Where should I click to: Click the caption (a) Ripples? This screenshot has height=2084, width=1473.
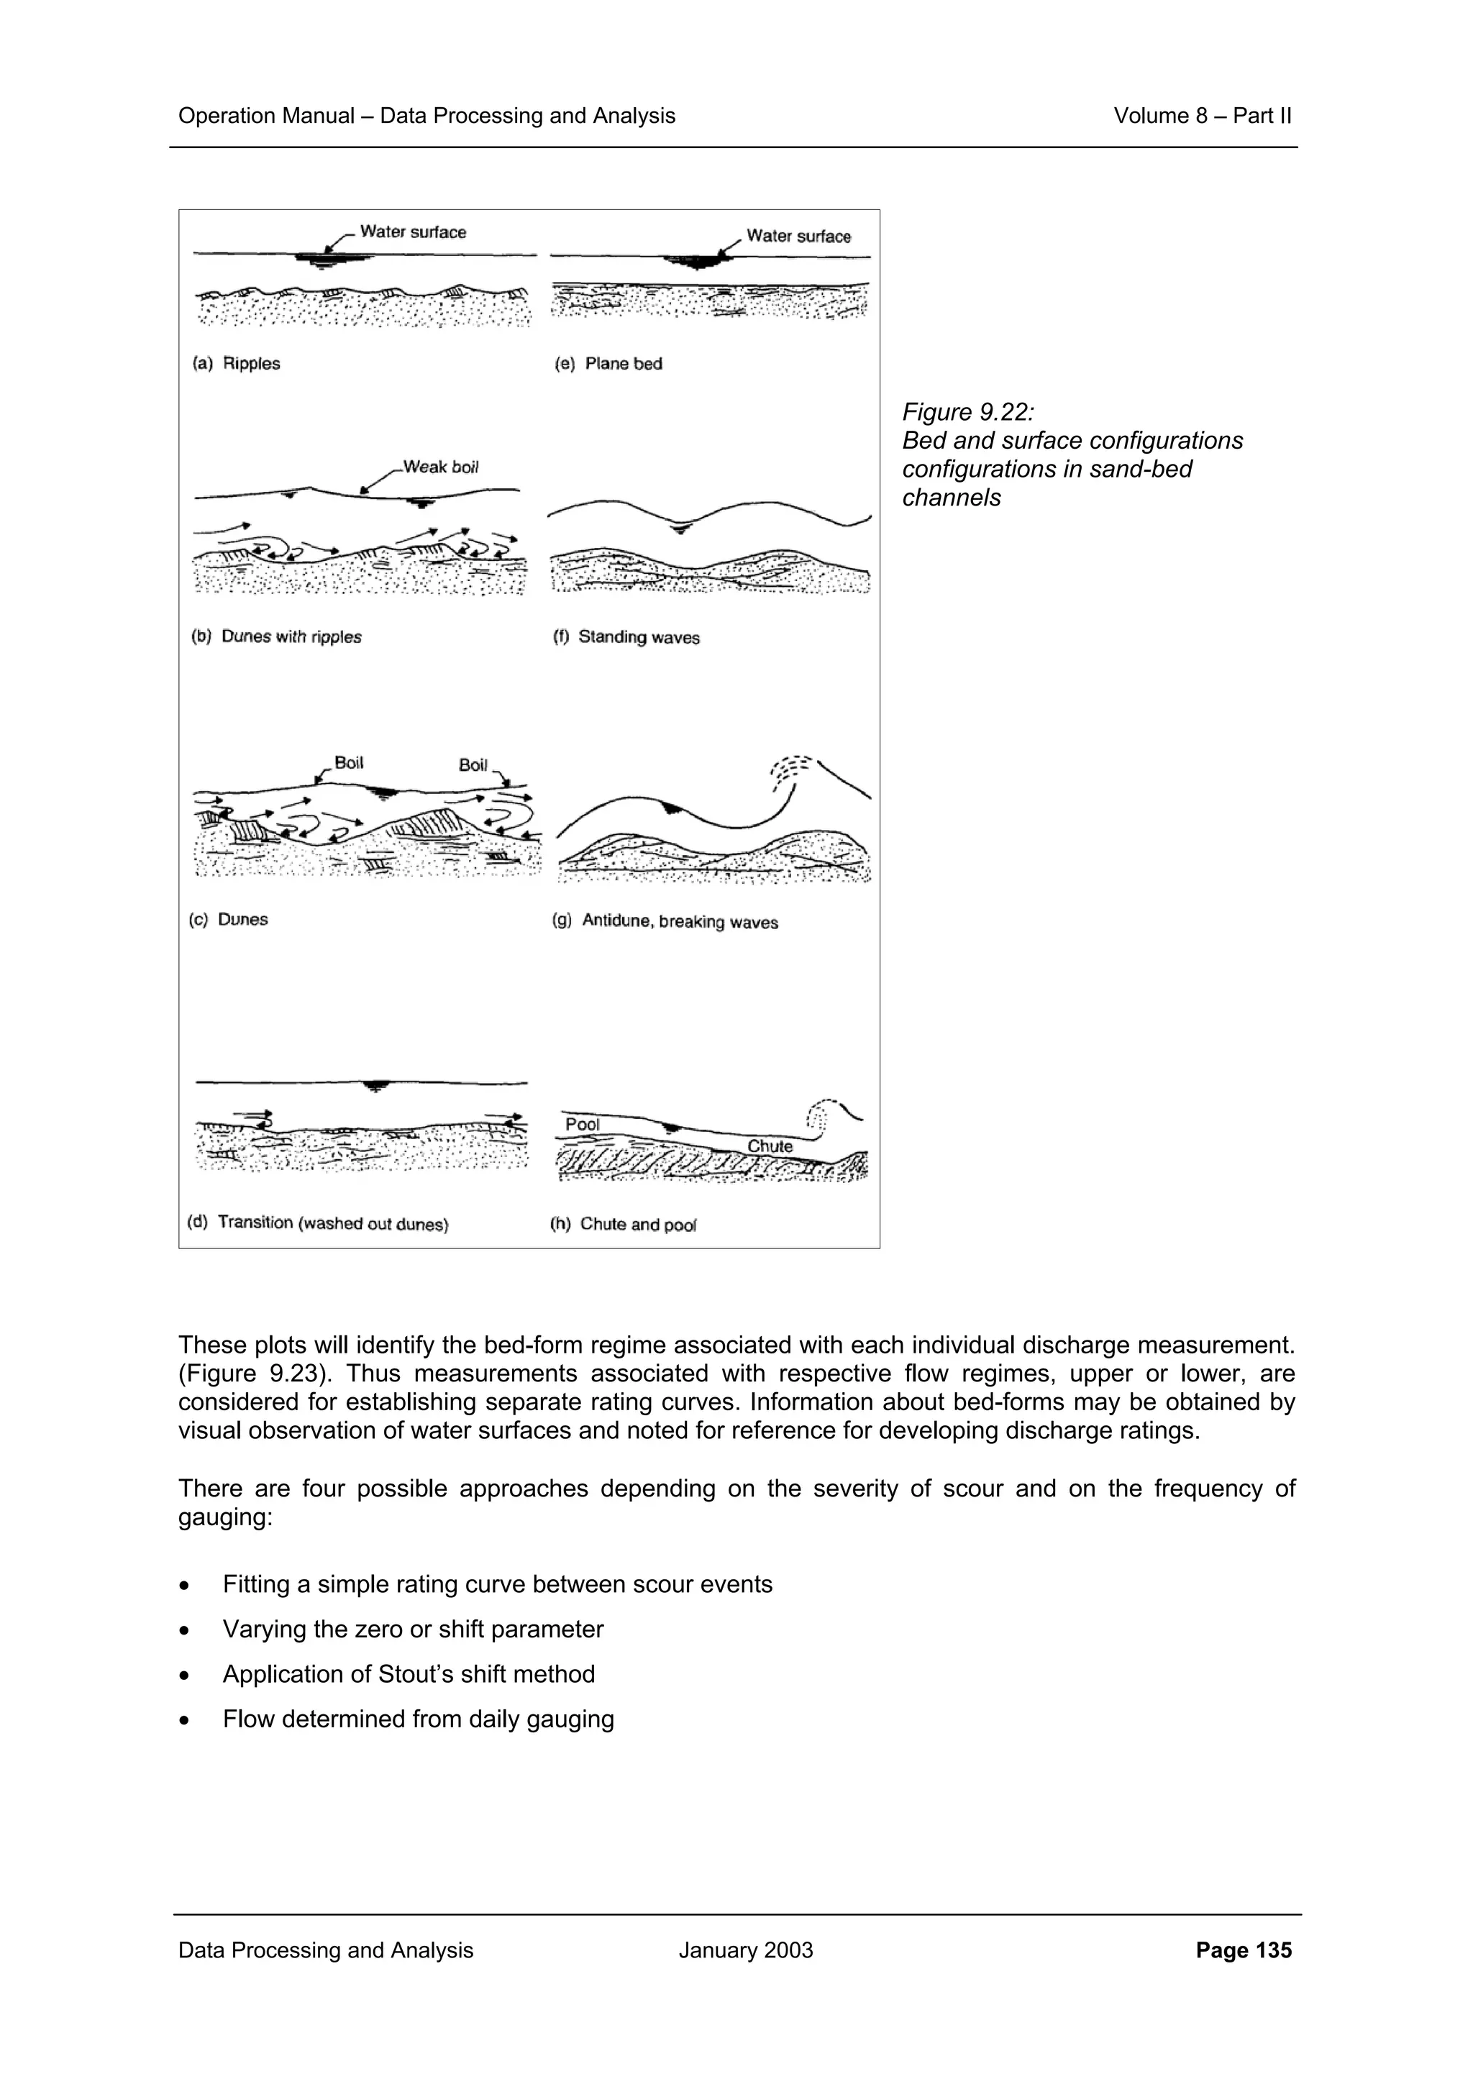(x=236, y=363)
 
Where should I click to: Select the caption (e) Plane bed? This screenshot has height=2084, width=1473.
(x=608, y=363)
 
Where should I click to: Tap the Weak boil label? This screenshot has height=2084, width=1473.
(x=440, y=467)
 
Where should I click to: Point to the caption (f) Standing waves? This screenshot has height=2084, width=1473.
(x=626, y=637)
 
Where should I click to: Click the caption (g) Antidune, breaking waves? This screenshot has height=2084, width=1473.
(x=665, y=921)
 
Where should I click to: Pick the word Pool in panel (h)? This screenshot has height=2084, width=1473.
(x=582, y=1124)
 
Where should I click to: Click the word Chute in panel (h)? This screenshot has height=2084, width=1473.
(x=770, y=1146)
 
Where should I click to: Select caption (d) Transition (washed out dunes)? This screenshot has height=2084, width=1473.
(x=318, y=1222)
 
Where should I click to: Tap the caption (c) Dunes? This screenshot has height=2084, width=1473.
(x=229, y=920)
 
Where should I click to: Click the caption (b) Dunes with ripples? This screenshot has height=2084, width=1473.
(x=277, y=636)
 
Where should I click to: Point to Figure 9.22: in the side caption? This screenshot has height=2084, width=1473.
(x=967, y=412)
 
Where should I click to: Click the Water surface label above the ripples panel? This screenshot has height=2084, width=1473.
(x=413, y=232)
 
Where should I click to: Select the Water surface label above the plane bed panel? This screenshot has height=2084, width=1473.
(x=798, y=236)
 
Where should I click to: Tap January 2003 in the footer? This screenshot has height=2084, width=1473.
(x=745, y=1950)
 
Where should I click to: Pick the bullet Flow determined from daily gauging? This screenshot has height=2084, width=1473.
(x=417, y=1719)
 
